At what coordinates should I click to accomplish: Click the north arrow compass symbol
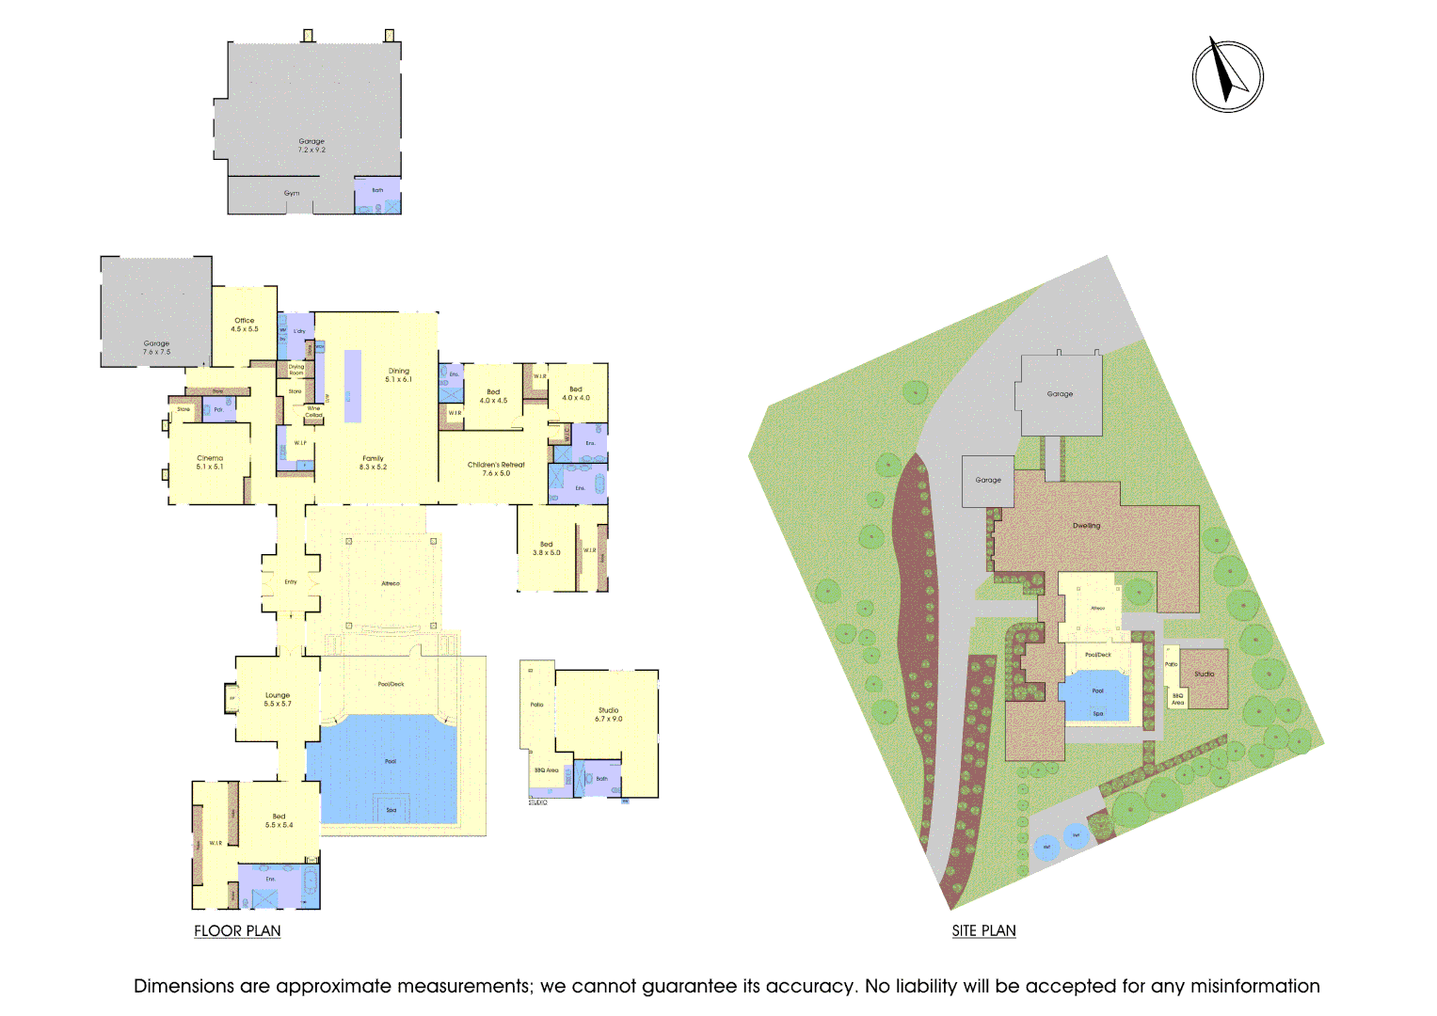pos(1227,75)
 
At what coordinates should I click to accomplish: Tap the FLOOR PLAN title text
pos(237,930)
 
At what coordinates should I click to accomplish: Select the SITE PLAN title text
pos(983,930)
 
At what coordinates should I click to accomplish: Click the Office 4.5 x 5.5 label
pos(245,325)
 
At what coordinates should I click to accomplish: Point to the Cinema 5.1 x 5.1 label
pos(210,462)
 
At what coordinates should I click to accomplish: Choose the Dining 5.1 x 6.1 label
pos(399,374)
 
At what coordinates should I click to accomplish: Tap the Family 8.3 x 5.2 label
pos(373,462)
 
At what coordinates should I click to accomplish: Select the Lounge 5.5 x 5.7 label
pos(278,699)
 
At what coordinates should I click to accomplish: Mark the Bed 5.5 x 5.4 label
pos(279,820)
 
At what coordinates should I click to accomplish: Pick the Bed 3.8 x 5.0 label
pos(546,548)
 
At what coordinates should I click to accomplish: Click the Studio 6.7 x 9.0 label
pos(608,714)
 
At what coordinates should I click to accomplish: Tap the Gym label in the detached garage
pos(292,193)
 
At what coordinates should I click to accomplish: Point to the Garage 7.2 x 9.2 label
pos(311,145)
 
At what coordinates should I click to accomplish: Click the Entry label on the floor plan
pos(291,582)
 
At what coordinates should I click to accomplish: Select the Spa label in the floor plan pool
pos(391,810)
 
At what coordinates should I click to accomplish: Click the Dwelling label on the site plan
pos(1086,526)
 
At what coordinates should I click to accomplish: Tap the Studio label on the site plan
pos(1204,674)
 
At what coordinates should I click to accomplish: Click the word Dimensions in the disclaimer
pos(183,986)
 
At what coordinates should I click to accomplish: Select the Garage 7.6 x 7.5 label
pos(156,347)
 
